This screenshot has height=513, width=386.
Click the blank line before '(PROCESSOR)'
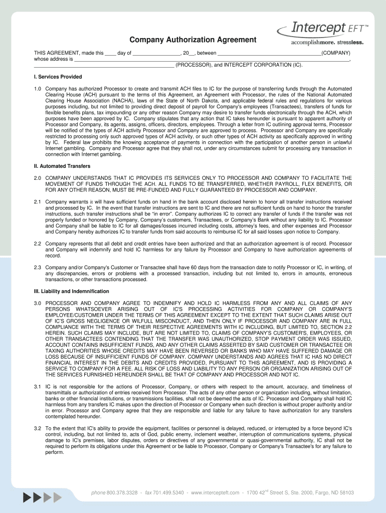(x=104, y=66)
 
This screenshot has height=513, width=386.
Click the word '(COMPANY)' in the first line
(x=336, y=53)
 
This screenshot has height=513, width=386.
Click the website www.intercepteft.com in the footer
(x=215, y=493)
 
